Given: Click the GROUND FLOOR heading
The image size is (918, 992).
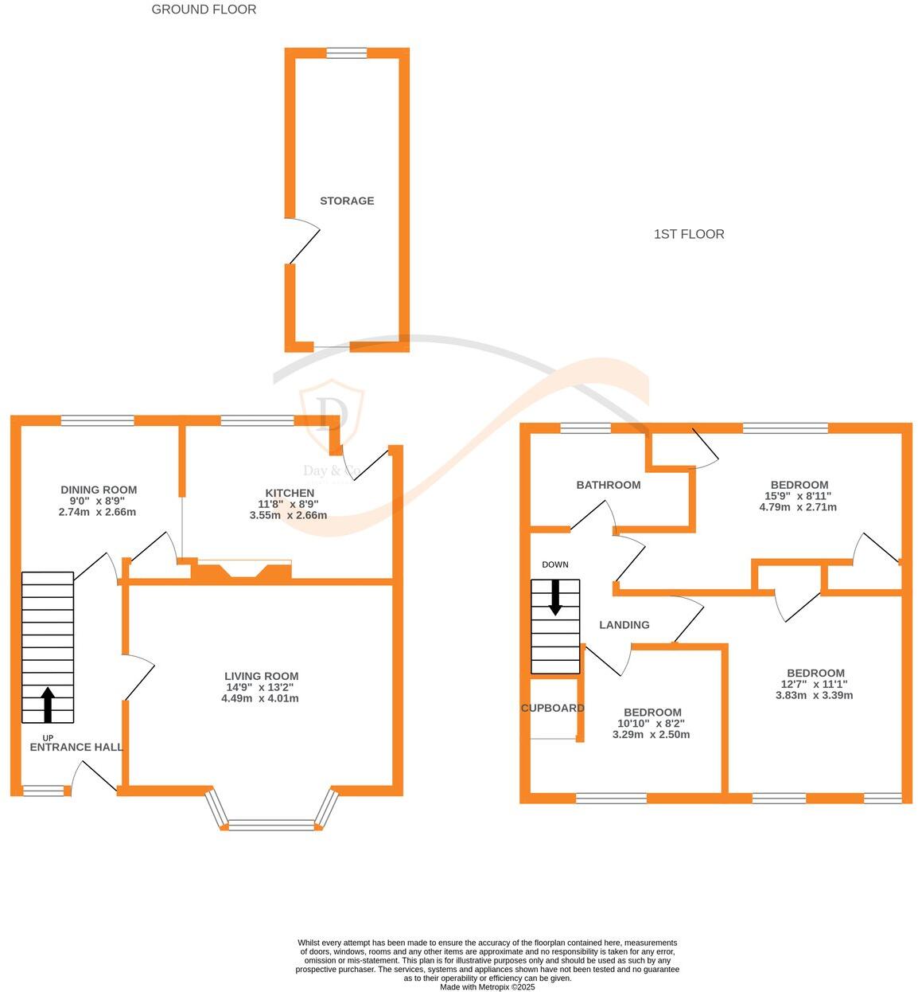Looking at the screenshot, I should point(204,10).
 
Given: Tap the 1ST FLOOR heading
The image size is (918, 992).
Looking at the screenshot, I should point(689,234).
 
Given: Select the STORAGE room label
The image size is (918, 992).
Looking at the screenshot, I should point(347,201).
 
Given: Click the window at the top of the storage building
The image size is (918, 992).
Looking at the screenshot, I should point(347,53).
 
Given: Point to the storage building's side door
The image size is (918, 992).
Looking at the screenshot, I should point(302,242).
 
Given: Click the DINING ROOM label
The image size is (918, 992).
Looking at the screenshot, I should point(99,490).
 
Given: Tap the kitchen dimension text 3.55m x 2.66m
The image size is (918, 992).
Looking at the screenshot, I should point(288,515).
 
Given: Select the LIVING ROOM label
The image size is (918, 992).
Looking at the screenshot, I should point(261,676).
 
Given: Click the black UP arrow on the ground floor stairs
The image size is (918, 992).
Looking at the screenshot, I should point(48,704).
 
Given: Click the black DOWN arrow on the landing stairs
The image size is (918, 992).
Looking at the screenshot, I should point(555,597).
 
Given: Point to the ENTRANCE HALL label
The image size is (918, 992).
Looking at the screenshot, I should point(76,747).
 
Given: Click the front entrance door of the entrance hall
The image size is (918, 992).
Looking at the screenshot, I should point(95,777).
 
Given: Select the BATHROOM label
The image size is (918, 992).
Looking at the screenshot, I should point(609,485).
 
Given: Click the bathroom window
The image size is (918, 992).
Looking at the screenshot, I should point(585,428).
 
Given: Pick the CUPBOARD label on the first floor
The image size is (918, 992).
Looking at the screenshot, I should point(553,708).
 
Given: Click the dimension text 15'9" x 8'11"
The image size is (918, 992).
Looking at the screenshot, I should point(799,496).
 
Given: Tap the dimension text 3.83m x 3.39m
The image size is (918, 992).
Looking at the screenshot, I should point(814,695).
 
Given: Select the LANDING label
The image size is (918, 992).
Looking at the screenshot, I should point(624,625).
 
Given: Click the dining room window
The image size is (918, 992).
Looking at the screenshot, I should point(98,420).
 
